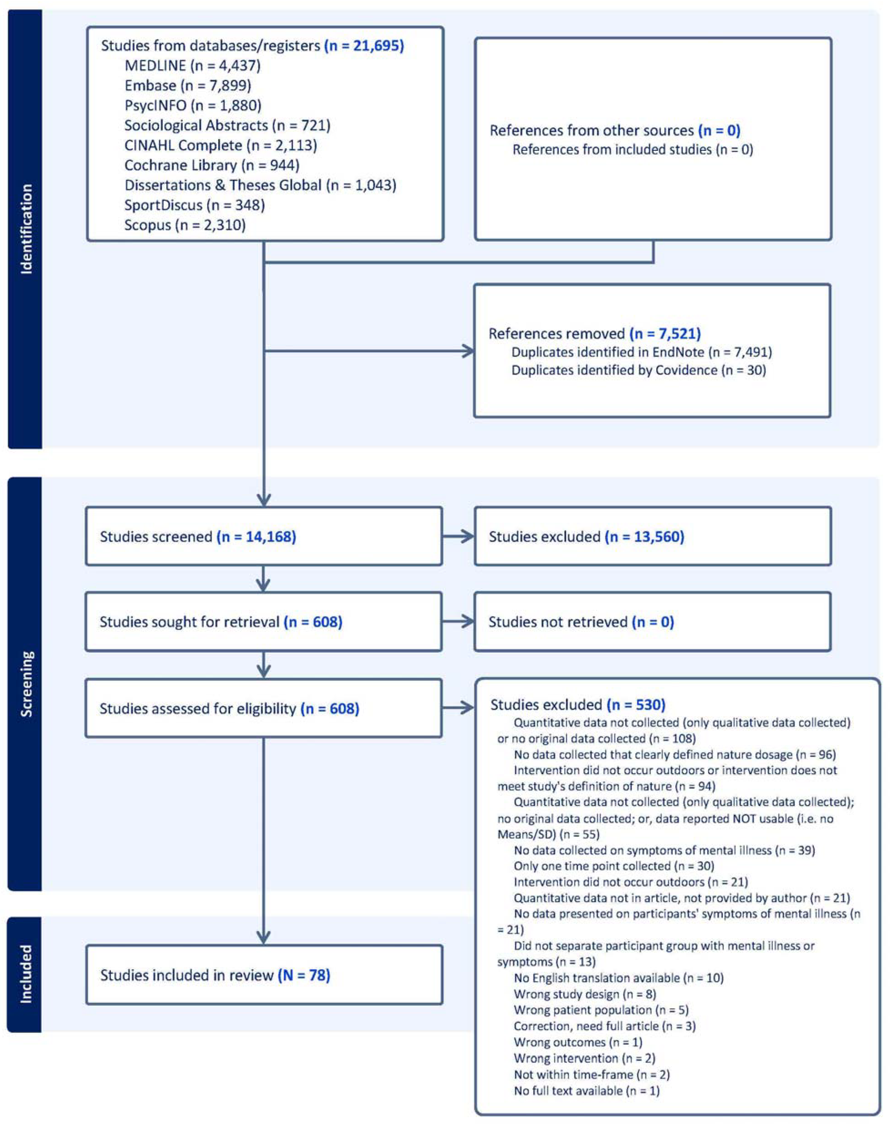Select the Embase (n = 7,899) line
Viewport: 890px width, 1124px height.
(x=187, y=85)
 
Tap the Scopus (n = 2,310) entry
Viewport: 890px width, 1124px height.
(x=185, y=225)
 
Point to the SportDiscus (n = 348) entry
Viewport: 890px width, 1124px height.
(x=194, y=205)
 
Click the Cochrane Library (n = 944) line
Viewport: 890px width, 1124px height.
(x=211, y=166)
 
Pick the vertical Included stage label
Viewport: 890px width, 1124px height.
(x=25, y=974)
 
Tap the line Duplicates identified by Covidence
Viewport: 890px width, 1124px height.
(x=638, y=370)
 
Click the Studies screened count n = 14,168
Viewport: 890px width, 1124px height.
(x=256, y=537)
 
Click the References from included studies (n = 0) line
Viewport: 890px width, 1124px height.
(x=632, y=150)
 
